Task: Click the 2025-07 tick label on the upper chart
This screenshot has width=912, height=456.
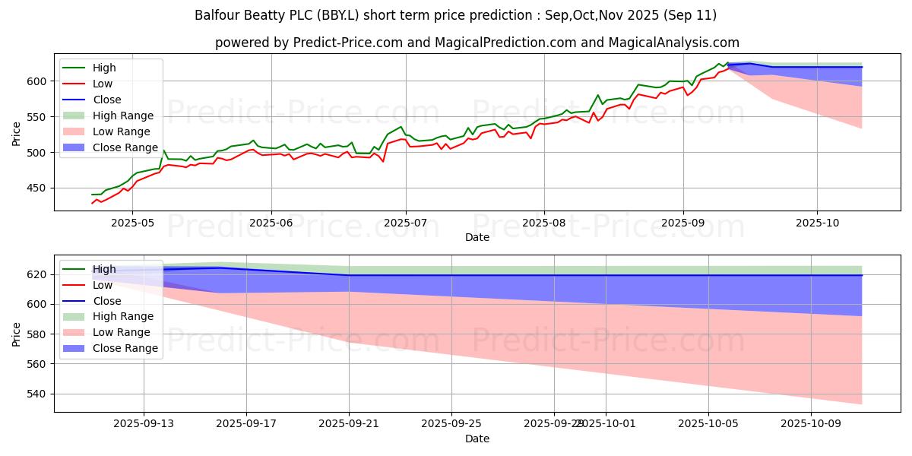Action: [x=405, y=223]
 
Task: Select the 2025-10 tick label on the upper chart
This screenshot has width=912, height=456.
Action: [x=818, y=223]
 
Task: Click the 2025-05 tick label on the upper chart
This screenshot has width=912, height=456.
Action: [x=132, y=223]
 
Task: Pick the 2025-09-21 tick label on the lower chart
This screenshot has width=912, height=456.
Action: [x=349, y=423]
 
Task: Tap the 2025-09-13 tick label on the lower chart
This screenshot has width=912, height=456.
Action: [x=144, y=423]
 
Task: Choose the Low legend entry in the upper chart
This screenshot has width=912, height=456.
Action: [x=106, y=84]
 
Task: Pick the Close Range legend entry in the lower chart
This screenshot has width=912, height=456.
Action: [x=126, y=348]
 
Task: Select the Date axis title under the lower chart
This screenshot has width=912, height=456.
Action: [x=477, y=439]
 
